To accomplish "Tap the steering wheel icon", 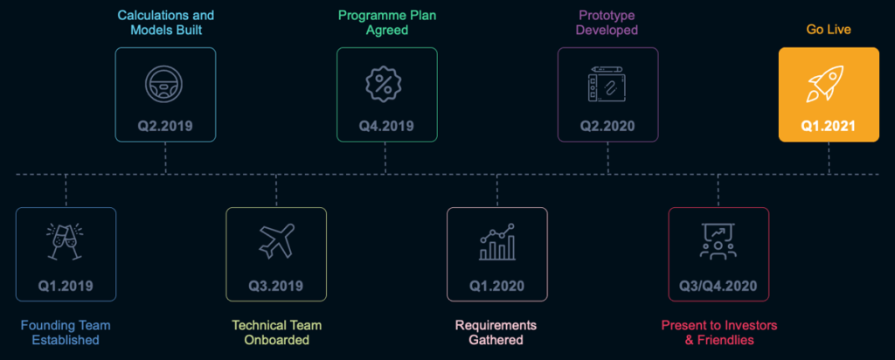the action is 165,84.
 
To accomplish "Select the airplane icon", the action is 277,240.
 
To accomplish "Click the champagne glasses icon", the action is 66,241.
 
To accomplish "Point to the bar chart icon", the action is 497,242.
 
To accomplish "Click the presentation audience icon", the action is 718,241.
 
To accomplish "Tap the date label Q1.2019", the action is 66,285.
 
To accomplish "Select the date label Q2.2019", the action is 165,126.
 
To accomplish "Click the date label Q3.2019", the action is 275,285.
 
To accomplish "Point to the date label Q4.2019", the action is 386,126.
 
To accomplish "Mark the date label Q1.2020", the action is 497,285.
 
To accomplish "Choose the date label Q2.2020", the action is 608,126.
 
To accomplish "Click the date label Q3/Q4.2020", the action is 718,285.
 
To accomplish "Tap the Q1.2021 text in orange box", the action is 829,126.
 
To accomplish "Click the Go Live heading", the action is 829,29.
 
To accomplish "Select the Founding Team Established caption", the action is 66,333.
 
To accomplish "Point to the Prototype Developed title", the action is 607,22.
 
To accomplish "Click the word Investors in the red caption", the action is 752,325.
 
